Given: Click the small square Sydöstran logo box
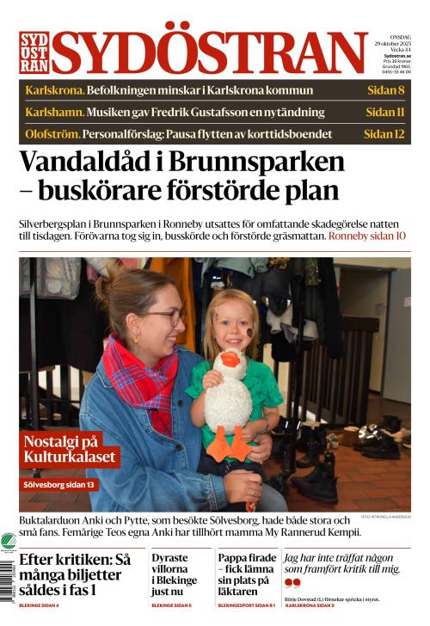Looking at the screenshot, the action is point(34,52).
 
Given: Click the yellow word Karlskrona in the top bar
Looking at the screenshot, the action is point(53,90).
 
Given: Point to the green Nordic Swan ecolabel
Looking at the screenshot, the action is point(8,543).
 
